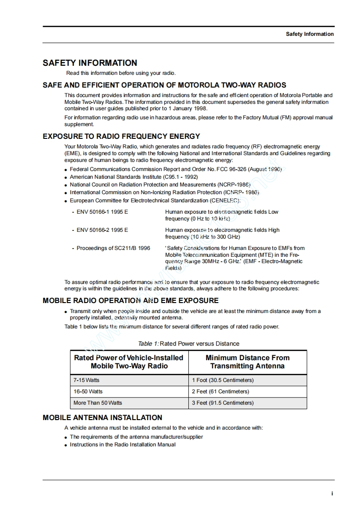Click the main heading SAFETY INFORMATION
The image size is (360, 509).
(x=90, y=63)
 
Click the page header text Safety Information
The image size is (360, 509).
(x=310, y=34)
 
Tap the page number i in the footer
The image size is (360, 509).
(x=332, y=494)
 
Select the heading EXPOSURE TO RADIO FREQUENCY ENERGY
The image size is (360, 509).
(x=121, y=136)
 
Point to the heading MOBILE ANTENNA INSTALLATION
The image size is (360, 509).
(x=102, y=417)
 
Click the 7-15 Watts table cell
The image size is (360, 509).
(x=87, y=380)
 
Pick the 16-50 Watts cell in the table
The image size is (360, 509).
(x=88, y=392)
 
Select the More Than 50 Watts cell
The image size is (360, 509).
(x=98, y=403)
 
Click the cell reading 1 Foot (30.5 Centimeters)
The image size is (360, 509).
(x=222, y=380)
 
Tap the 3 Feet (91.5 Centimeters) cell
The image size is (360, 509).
(x=222, y=403)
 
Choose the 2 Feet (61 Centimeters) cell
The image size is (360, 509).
(x=220, y=392)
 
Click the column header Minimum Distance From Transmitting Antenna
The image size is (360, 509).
(x=247, y=362)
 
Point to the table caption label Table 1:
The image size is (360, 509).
(x=148, y=344)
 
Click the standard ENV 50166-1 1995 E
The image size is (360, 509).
(x=102, y=212)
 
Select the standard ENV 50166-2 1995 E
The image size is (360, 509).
(x=102, y=230)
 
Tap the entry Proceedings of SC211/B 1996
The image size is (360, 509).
(x=113, y=248)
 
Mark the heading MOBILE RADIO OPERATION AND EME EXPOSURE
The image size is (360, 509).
(x=130, y=300)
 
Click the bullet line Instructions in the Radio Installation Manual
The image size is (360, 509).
(x=123, y=445)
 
